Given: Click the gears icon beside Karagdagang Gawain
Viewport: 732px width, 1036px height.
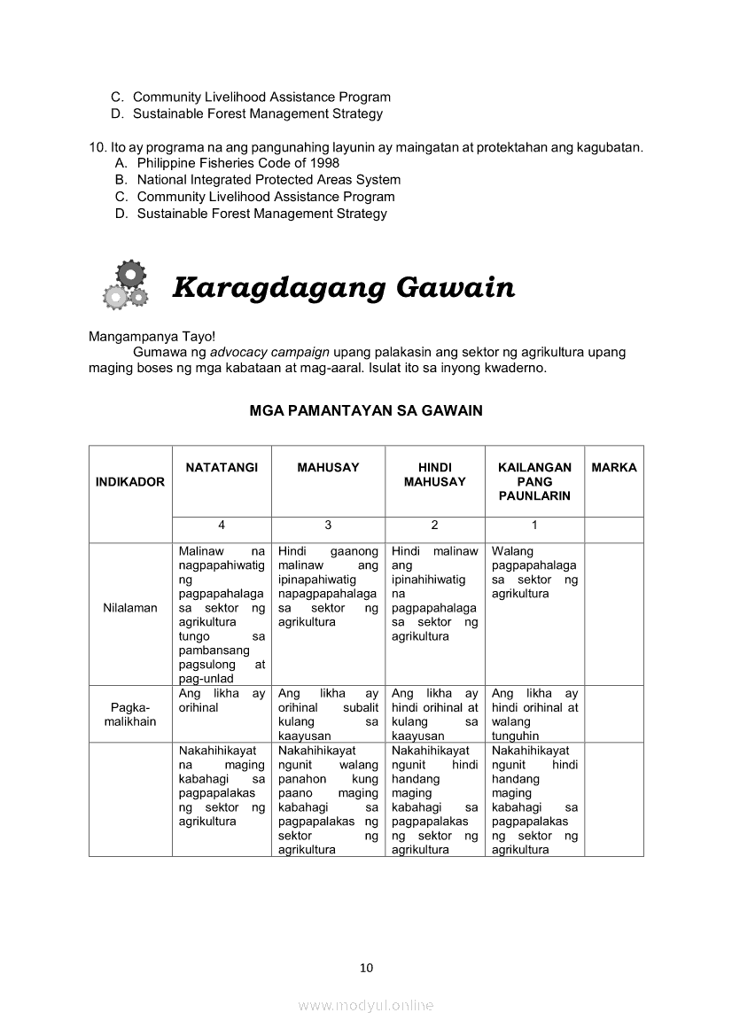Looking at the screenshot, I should [126, 284].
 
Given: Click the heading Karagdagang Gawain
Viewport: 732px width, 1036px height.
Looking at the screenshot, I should [343, 288].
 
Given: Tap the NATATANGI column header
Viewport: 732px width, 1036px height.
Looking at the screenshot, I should [222, 467].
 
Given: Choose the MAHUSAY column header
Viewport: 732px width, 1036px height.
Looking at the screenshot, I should [328, 467].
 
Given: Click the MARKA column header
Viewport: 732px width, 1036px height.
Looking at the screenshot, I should [613, 467].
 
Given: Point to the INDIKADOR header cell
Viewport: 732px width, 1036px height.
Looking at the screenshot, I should [130, 482].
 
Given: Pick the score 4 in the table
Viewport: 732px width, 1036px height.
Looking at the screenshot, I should [222, 525].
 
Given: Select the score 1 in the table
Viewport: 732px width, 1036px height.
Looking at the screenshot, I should [534, 525].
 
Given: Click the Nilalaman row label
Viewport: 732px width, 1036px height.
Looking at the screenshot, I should [130, 608].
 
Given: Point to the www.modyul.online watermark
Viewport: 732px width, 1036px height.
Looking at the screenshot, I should [366, 1005].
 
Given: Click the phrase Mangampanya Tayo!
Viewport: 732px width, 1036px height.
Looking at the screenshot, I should [146, 337].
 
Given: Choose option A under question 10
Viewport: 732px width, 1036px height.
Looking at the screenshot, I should [238, 163].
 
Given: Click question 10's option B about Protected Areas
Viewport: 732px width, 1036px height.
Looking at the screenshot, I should [269, 180].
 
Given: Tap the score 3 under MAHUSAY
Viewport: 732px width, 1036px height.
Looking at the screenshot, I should [328, 525].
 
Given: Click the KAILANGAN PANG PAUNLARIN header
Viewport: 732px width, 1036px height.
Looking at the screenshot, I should [534, 481].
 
